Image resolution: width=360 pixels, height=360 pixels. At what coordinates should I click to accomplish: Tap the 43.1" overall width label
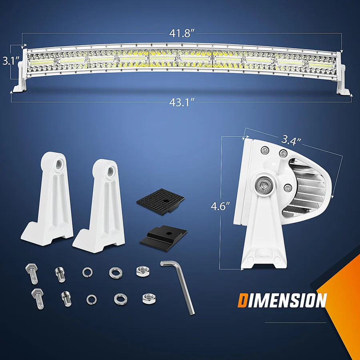[x=181, y=102]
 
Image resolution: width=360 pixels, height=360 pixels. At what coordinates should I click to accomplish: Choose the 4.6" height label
[x=221, y=206]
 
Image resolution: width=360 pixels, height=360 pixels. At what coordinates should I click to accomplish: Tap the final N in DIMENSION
[x=319, y=300]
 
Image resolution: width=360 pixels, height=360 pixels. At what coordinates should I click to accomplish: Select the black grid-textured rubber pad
[x=160, y=199]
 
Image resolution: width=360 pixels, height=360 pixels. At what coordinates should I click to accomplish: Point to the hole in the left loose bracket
[x=59, y=163]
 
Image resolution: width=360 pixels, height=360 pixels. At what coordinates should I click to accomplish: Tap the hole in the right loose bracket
[x=108, y=171]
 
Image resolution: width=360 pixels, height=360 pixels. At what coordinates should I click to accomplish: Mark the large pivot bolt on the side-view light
[x=264, y=184]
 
